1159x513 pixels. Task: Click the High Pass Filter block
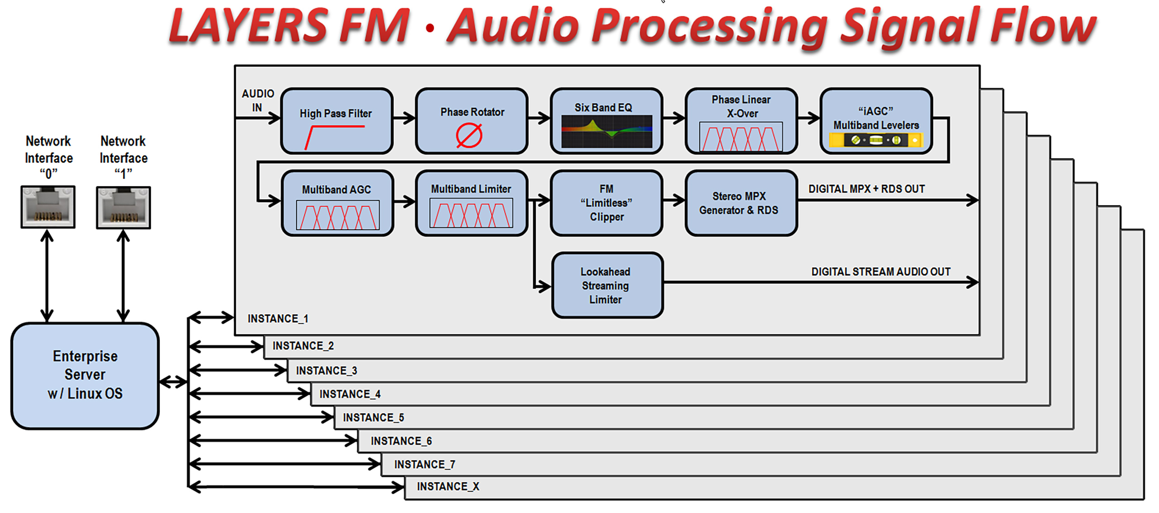point(336,120)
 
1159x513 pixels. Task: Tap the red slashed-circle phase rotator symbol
point(469,136)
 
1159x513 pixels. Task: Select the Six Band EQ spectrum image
point(606,131)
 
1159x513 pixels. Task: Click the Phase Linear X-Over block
point(741,120)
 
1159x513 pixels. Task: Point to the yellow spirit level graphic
point(875,140)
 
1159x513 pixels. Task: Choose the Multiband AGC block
point(337,203)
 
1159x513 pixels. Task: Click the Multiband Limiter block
point(471,203)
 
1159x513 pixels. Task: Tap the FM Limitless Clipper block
point(606,203)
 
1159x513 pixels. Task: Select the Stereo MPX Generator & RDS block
point(741,203)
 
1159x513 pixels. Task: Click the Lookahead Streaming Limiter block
point(607,285)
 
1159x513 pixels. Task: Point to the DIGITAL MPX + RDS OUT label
point(866,189)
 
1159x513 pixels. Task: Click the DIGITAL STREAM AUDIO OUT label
point(880,272)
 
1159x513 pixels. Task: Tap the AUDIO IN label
point(258,100)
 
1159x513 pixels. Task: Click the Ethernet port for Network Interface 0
point(48,207)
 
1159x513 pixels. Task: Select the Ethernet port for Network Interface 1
point(123,207)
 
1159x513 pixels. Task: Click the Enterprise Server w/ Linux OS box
point(85,375)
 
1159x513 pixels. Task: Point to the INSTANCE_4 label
point(350,394)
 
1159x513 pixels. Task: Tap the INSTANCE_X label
point(448,487)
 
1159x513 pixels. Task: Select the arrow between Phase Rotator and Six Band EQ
point(539,118)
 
